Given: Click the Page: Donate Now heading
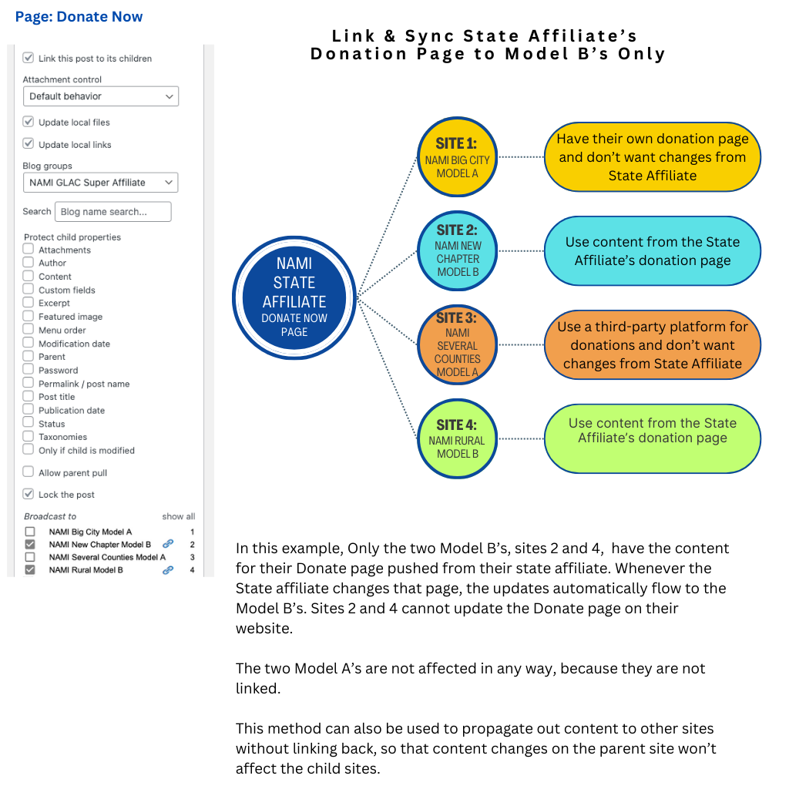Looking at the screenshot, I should pyautogui.click(x=79, y=17).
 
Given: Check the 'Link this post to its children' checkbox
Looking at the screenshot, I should pyautogui.click(x=29, y=58).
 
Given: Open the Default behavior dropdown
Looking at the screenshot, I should pyautogui.click(x=100, y=96).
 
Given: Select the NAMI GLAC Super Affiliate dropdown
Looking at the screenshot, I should pyautogui.click(x=100, y=183).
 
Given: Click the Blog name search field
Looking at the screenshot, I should pyautogui.click(x=112, y=212).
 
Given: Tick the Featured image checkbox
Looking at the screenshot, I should pyautogui.click(x=29, y=317).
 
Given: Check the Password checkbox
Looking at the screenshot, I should pyautogui.click(x=29, y=370).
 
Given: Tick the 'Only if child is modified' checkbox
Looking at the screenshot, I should pyautogui.click(x=29, y=450).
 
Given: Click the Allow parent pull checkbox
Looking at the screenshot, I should pyautogui.click(x=29, y=472).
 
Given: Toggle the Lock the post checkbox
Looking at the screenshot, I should pyautogui.click(x=29, y=494).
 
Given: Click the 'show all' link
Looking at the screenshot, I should pyautogui.click(x=178, y=516).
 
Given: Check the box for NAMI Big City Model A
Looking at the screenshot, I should pyautogui.click(x=30, y=532).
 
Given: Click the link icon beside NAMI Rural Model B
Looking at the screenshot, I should pyautogui.click(x=168, y=570).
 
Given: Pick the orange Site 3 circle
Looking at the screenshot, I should pyautogui.click(x=457, y=345).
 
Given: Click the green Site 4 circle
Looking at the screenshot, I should pyautogui.click(x=457, y=438).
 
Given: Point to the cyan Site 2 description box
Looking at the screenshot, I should pyautogui.click(x=652, y=251).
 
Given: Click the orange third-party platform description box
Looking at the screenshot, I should pyautogui.click(x=652, y=345).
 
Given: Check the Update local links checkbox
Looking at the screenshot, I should pyautogui.click(x=29, y=144).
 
